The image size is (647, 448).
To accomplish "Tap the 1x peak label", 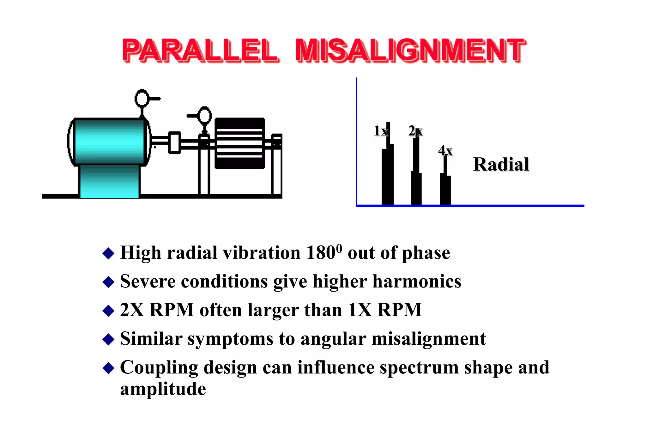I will point(380,131).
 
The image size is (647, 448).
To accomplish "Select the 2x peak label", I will point(415,131).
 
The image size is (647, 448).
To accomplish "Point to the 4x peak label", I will point(445,151).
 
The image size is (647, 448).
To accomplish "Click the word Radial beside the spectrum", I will point(501,164).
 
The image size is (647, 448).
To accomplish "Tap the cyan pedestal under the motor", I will point(109,182).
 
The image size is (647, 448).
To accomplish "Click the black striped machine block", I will point(239,143).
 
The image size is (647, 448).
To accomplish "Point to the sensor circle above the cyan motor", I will point(142,98).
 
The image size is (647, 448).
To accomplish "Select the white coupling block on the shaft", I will point(174,142).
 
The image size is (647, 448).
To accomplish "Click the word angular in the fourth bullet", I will point(333,339).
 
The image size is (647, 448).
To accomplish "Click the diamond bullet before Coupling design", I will point(108,368).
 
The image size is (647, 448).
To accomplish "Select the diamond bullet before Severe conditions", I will point(108,282).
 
